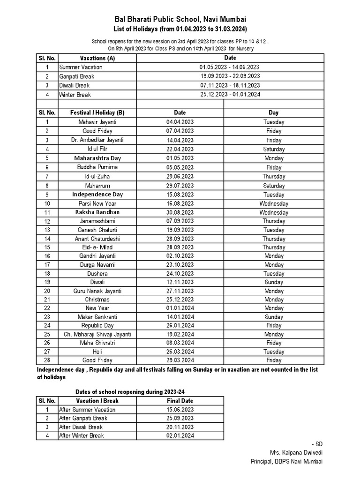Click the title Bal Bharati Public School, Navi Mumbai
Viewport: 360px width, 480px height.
180,19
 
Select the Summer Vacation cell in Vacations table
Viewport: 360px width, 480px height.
81,67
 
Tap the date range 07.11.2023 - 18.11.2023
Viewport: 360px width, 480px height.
230,85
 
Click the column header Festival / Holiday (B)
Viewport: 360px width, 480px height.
97,112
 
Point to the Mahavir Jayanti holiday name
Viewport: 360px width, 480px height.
97,122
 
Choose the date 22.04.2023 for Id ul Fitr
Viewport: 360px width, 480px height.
180,149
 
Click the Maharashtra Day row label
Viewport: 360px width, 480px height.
97,158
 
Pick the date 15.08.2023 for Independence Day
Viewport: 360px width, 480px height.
180,195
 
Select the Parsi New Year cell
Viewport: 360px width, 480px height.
97,203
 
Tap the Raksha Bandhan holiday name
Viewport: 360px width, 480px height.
97,212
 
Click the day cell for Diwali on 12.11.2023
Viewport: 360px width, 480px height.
274,282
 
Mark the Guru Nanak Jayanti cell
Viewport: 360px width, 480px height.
97,291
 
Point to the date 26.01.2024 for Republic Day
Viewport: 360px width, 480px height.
180,325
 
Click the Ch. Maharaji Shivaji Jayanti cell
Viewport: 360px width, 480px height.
97,334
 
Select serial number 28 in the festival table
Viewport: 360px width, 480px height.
47,360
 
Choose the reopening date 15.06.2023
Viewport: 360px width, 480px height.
180,410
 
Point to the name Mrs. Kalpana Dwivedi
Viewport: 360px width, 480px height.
296,452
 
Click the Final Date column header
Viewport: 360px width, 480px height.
180,401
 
